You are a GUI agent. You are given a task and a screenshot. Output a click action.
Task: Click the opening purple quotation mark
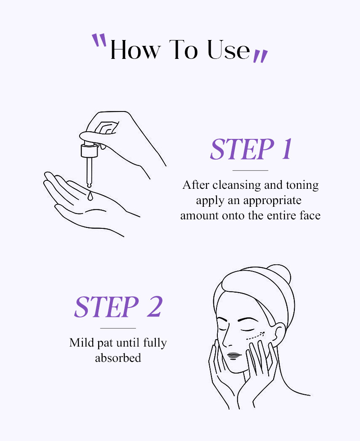pyautogui.click(x=99, y=40)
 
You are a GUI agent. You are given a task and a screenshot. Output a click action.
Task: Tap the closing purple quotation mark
pyautogui.click(x=261, y=56)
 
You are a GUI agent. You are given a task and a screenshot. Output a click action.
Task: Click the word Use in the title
pyautogui.click(x=229, y=50)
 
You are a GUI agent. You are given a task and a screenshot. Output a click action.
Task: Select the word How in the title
pyautogui.click(x=135, y=50)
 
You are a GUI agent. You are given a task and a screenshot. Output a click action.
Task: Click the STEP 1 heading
pyautogui.click(x=251, y=149)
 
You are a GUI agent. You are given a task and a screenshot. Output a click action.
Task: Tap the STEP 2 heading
pyautogui.click(x=118, y=307)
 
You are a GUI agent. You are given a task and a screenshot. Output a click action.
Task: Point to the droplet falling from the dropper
pyautogui.click(x=90, y=196)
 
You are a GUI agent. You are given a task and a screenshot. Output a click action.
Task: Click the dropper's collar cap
pyautogui.click(x=89, y=151)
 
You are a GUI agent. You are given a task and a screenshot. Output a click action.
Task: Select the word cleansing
pyautogui.click(x=237, y=185)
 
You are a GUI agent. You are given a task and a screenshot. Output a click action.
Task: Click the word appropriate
pyautogui.click(x=272, y=201)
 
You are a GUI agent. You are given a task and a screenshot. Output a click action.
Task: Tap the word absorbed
pyautogui.click(x=118, y=358)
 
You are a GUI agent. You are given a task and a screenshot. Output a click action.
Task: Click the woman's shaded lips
pyautogui.click(x=234, y=356)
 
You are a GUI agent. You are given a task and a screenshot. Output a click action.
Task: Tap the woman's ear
pyautogui.click(x=279, y=335)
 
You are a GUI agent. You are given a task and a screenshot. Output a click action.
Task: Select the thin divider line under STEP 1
pyautogui.click(x=250, y=170)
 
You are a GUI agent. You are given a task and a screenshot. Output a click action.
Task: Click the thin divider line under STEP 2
pyautogui.click(x=118, y=328)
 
